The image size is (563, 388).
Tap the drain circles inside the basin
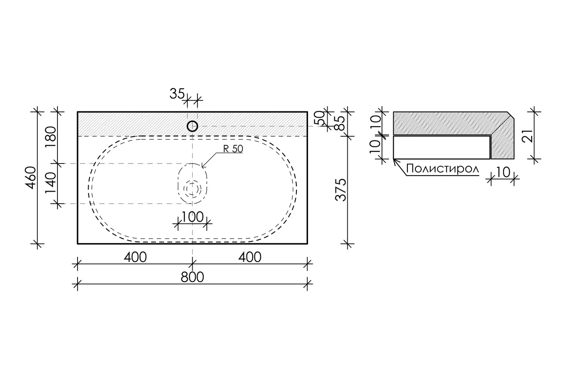[x=192, y=188]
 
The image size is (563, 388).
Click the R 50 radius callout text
[x=233, y=149]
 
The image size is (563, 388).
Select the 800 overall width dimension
[x=192, y=278]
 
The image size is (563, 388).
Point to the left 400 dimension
[x=135, y=257]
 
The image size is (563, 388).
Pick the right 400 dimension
[x=250, y=257]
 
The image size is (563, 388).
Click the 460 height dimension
[x=31, y=178]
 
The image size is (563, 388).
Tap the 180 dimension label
[x=51, y=137]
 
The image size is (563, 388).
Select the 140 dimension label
[x=51, y=183]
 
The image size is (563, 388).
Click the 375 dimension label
[x=341, y=190]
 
